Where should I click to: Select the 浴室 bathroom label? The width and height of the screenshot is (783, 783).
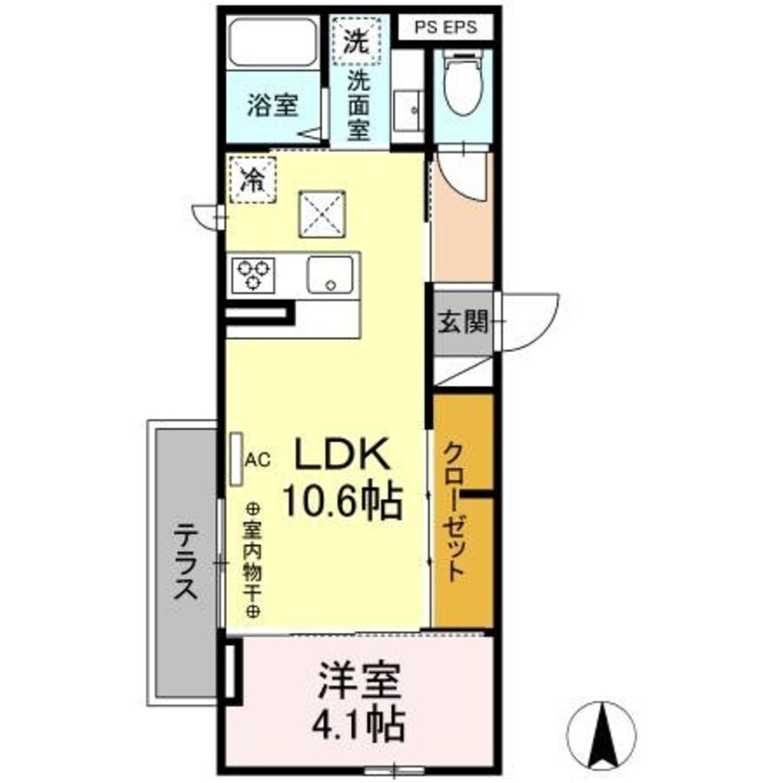pyautogui.click(x=273, y=106)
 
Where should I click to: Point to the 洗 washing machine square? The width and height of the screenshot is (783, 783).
pyautogui.click(x=357, y=40)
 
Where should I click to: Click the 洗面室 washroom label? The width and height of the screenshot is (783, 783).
pyautogui.click(x=358, y=104)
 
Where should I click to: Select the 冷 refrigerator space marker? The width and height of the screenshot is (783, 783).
pyautogui.click(x=252, y=180)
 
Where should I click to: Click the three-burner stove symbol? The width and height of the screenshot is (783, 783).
pyautogui.click(x=255, y=274)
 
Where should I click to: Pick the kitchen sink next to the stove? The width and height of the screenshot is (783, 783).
pyautogui.click(x=331, y=275)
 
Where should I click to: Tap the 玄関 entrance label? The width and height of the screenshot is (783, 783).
pyautogui.click(x=463, y=323)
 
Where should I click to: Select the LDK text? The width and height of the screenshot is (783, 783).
pyautogui.click(x=345, y=455)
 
